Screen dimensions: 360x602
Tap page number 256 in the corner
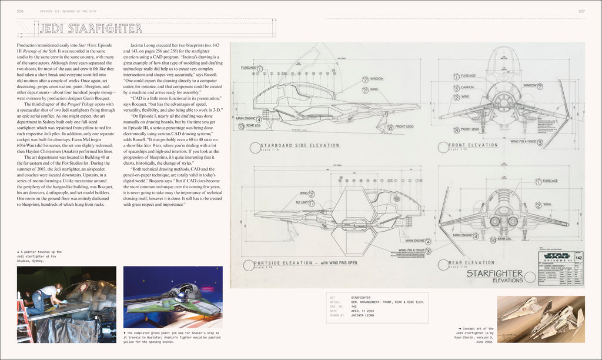click(x=21, y=11)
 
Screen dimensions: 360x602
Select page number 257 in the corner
click(x=581, y=11)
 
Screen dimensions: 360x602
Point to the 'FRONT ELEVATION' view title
click(x=473, y=145)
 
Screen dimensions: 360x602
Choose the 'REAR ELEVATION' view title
click(x=472, y=263)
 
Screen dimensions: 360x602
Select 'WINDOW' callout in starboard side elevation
click(x=376, y=79)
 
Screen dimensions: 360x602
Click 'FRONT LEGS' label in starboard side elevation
click(x=404, y=126)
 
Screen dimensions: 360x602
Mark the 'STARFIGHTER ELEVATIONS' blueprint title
click(x=494, y=276)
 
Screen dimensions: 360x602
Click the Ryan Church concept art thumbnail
click(x=541, y=318)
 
